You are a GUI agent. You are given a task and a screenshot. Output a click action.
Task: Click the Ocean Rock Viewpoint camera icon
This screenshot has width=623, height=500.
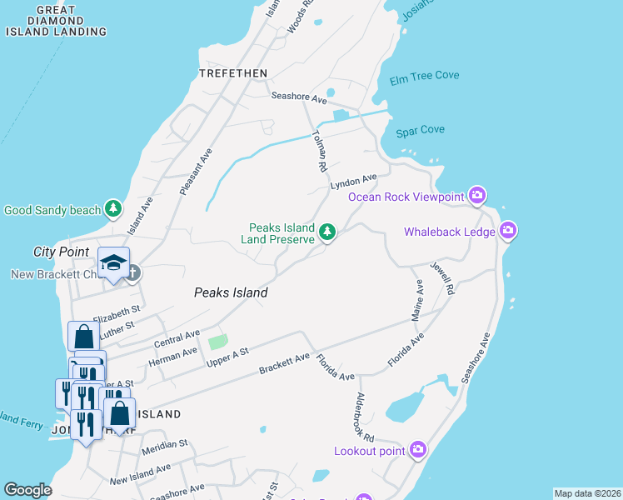click(x=477, y=196)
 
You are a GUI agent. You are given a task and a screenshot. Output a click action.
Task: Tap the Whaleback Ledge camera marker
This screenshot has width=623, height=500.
click(x=508, y=231)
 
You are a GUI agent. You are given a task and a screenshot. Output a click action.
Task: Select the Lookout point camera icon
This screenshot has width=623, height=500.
click(x=418, y=450)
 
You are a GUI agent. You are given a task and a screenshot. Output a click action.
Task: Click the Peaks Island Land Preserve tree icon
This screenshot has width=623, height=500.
click(x=328, y=232)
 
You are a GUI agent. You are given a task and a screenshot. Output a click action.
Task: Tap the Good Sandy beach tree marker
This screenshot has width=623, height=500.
click(x=113, y=209)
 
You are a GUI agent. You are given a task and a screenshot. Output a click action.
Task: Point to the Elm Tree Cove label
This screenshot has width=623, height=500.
click(x=425, y=76)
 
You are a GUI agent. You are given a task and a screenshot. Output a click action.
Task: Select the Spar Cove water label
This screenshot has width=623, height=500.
click(x=421, y=130)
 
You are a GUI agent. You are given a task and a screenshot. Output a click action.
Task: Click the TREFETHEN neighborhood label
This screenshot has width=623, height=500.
click(x=233, y=73)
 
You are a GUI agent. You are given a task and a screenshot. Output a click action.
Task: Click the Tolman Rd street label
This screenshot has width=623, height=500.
click(x=318, y=151)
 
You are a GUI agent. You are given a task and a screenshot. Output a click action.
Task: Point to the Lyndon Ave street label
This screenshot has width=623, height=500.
click(x=353, y=181)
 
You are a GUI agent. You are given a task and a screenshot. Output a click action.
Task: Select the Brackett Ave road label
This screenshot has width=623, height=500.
click(x=284, y=363)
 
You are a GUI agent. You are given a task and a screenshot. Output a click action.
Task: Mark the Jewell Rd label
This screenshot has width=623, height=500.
click(x=442, y=279)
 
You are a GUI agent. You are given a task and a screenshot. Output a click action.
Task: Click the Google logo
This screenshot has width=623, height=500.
click(x=28, y=490)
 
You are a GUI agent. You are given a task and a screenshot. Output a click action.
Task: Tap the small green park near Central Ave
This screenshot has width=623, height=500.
click(x=217, y=341)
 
